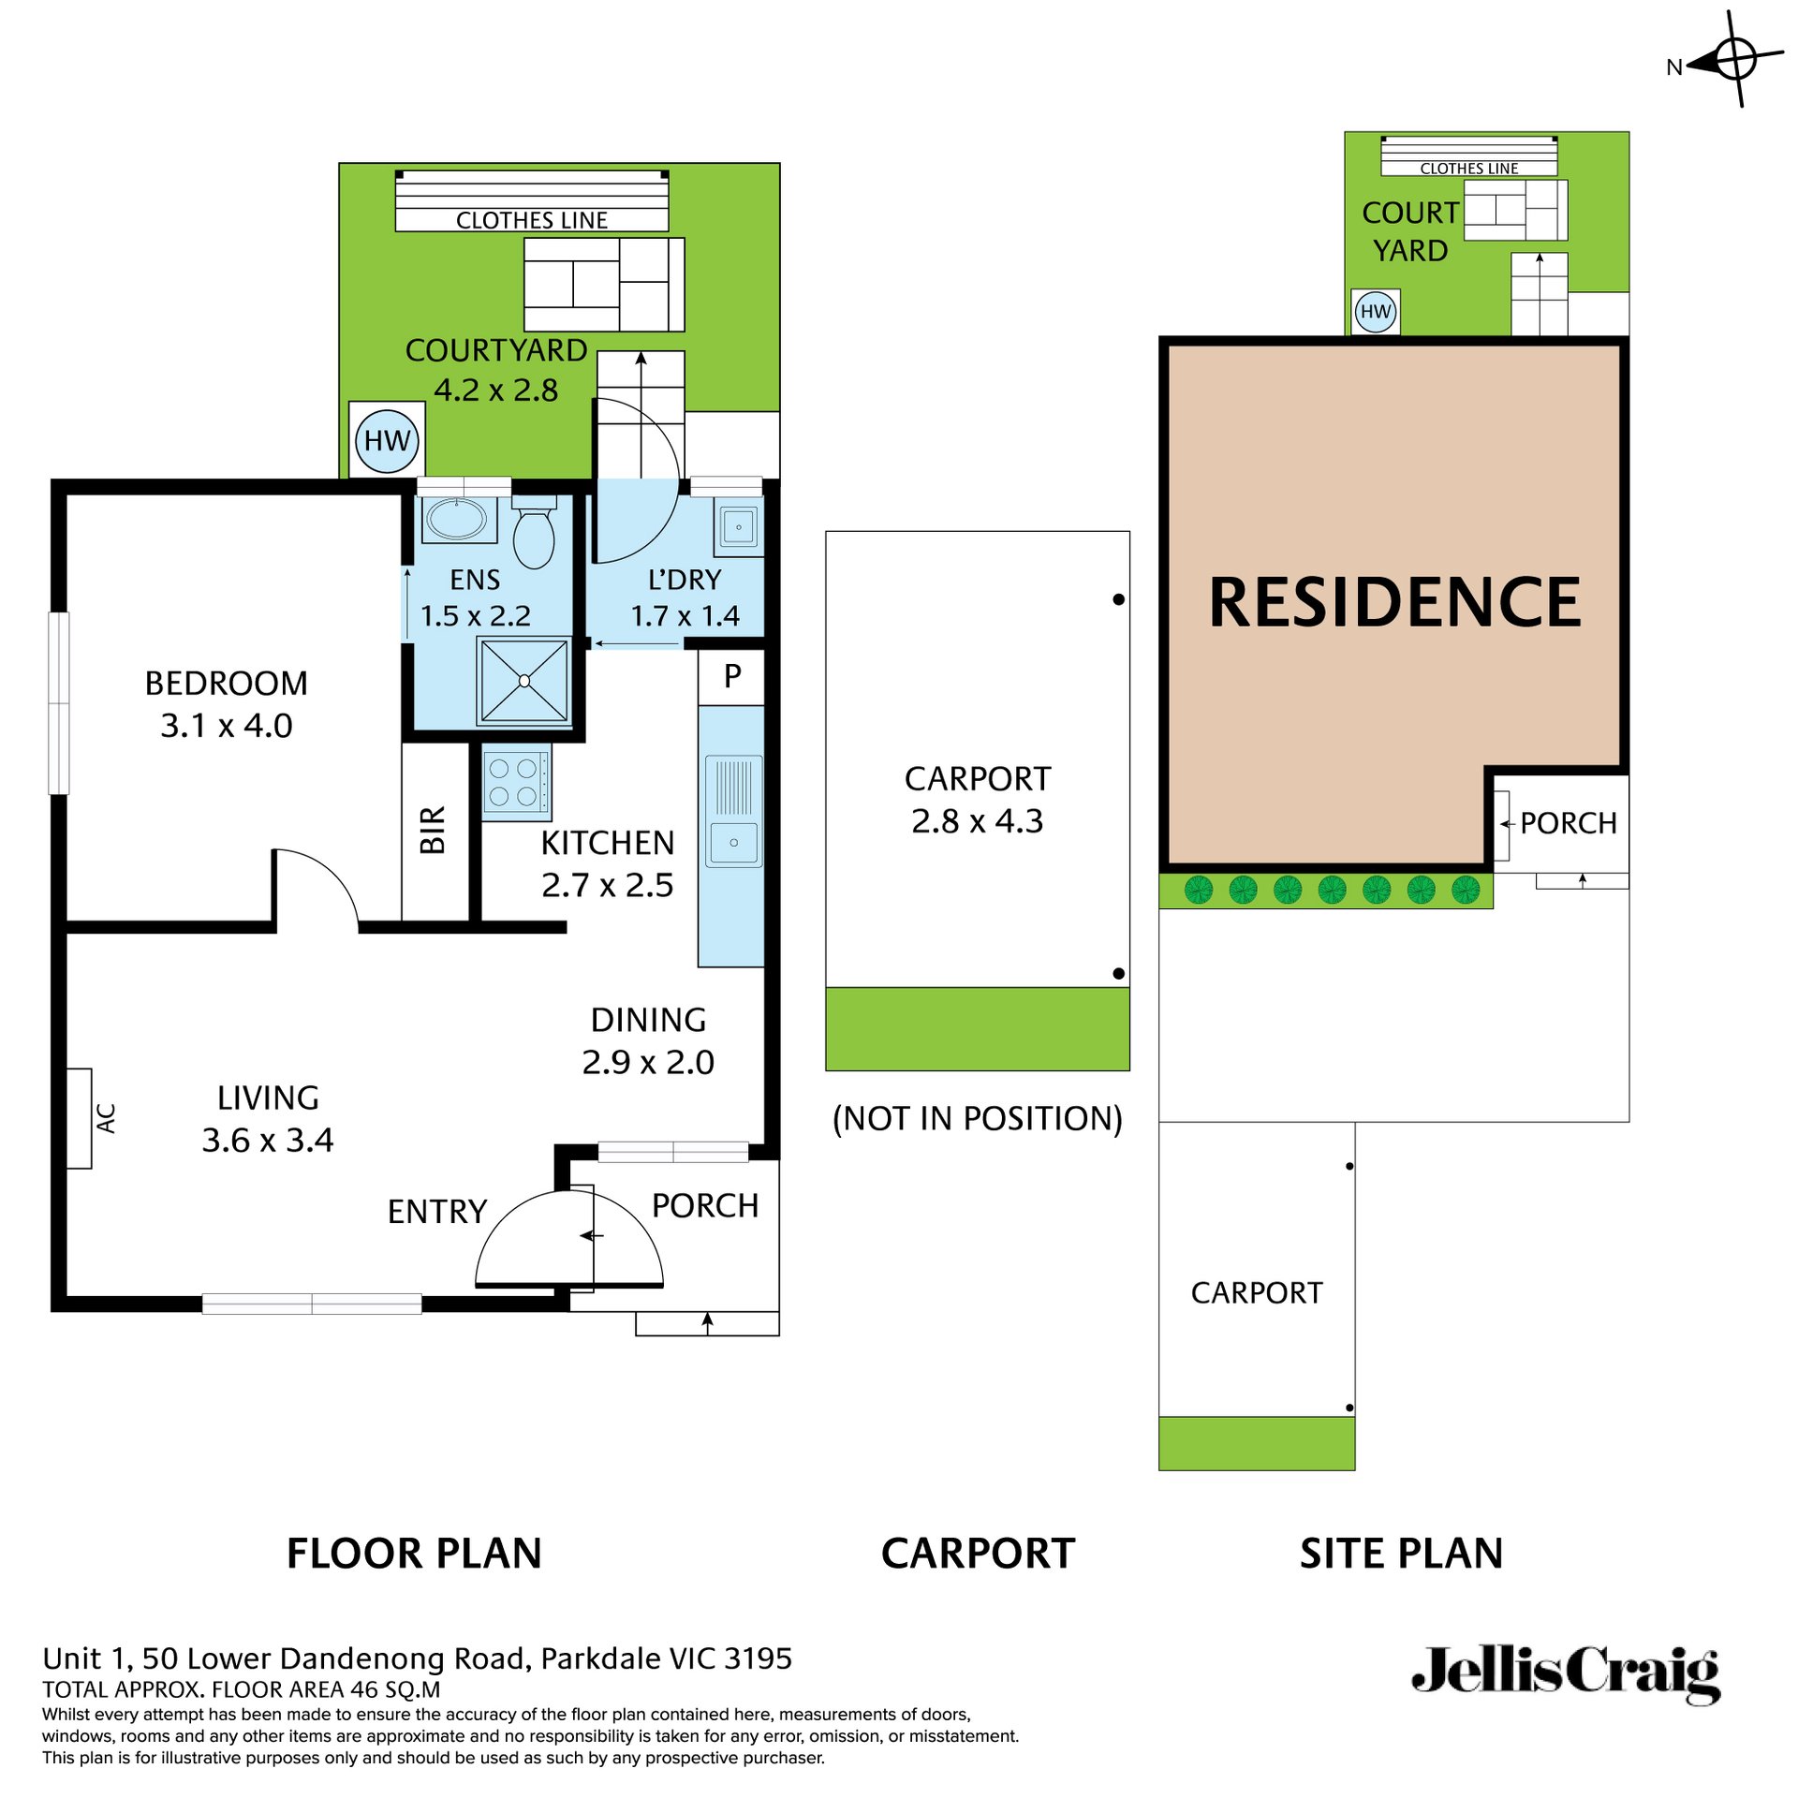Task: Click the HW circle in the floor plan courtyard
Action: (387, 440)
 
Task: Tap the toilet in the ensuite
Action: (534, 538)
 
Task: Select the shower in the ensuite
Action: (524, 681)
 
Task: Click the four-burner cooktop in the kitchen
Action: (514, 782)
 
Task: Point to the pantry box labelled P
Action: (732, 675)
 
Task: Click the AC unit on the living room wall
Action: (81, 1118)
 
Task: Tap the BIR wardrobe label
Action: (433, 830)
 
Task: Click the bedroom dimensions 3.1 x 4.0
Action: (227, 726)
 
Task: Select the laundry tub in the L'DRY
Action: (739, 526)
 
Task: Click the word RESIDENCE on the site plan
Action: (1394, 602)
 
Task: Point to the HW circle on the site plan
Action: (1375, 312)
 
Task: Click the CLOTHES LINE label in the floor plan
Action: (531, 220)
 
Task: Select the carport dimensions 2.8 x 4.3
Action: (977, 821)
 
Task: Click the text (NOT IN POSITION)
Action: (977, 1118)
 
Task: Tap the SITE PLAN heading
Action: (1401, 1554)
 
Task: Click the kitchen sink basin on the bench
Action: (733, 843)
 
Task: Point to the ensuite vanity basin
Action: (457, 519)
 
